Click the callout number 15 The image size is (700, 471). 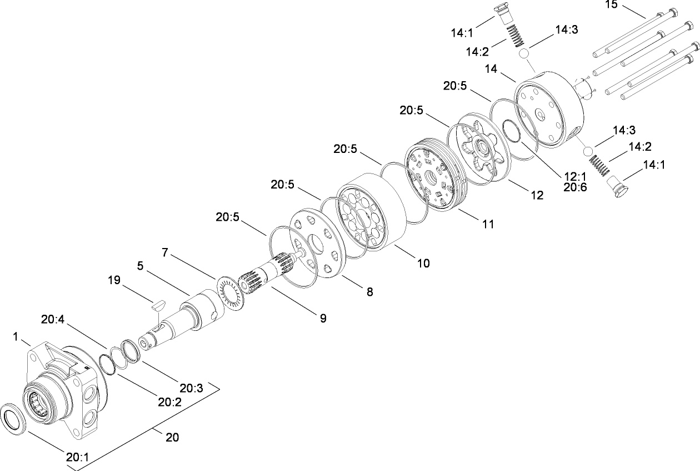pyautogui.click(x=611, y=5)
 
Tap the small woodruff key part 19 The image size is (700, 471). pyautogui.click(x=157, y=304)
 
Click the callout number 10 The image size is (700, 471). pyautogui.click(x=423, y=263)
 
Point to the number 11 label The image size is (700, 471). pyautogui.click(x=487, y=224)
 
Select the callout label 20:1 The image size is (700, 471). pyautogui.click(x=77, y=457)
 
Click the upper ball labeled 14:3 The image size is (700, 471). pyautogui.click(x=523, y=53)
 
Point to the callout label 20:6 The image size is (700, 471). pyautogui.click(x=574, y=188)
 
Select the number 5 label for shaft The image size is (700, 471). pyautogui.click(x=141, y=266)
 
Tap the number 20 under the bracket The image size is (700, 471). pyautogui.click(x=172, y=438)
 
